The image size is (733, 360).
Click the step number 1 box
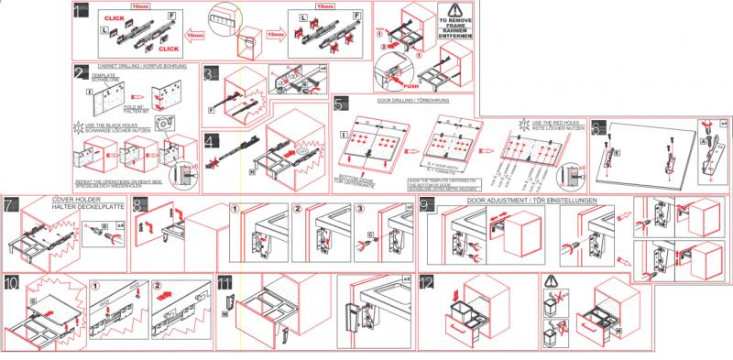tap(81, 11)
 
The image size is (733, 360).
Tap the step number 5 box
tap(341, 103)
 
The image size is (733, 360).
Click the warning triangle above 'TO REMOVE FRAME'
tap(456, 11)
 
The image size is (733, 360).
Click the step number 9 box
tap(427, 204)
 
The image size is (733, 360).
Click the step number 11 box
tap(224, 281)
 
